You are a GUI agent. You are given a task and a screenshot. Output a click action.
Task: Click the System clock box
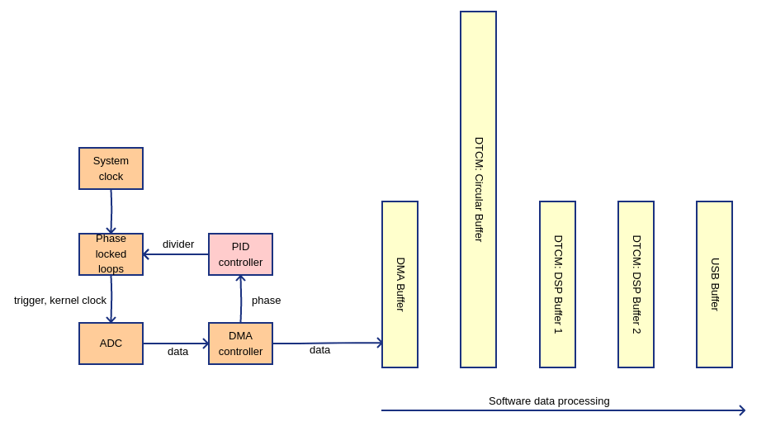click(111, 168)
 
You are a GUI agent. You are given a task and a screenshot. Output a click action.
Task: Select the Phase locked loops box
click(111, 254)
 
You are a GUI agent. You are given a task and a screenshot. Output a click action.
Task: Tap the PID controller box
click(240, 254)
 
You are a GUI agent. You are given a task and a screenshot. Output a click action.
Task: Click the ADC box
click(111, 344)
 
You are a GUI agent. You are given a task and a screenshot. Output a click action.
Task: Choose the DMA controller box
click(240, 344)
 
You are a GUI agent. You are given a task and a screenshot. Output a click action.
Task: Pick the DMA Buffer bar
click(400, 284)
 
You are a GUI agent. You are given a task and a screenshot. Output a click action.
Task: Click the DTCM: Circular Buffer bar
click(478, 189)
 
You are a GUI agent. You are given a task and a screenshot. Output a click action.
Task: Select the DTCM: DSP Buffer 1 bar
click(557, 284)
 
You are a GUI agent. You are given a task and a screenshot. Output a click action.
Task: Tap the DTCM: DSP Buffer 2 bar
click(636, 284)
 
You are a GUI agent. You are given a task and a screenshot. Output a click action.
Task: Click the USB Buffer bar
click(714, 284)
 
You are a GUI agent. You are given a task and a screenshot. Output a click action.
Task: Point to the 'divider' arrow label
click(178, 244)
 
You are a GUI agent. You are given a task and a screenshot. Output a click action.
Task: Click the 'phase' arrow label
click(266, 301)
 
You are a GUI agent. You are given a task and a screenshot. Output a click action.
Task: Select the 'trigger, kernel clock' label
click(60, 301)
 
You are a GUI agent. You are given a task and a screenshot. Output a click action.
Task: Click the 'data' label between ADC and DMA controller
click(177, 352)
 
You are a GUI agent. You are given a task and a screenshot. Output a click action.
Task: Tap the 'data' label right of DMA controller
click(319, 350)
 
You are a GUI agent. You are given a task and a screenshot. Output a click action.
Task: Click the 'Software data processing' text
click(549, 401)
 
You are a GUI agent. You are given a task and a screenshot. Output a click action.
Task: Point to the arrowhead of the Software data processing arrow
click(742, 410)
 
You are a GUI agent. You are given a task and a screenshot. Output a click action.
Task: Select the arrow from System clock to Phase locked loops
click(111, 211)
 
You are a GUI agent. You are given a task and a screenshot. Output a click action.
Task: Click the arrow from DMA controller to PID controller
click(241, 299)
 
